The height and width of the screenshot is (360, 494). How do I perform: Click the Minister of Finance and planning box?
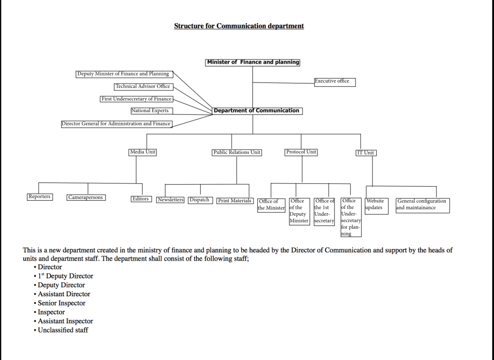pos(252,62)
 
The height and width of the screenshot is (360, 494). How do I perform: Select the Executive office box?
pos(335,82)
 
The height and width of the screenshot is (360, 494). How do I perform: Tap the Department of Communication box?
pos(258,111)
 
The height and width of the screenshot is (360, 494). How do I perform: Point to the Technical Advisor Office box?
pos(143,87)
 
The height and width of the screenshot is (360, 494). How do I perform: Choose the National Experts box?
pos(151,111)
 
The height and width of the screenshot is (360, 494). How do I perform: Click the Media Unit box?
pos(143,152)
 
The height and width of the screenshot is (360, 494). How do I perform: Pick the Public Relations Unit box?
pos(237,152)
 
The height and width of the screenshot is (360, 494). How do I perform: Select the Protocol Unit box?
pos(301,152)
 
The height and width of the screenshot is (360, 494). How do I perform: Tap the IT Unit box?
pos(366,153)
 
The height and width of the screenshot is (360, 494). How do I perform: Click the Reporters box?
pos(40,197)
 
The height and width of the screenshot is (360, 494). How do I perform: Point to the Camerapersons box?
pos(86,198)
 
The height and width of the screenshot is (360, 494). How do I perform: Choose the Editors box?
pos(141,199)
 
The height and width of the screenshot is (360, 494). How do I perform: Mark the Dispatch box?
pos(200,200)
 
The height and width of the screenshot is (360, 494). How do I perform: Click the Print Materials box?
pos(235,201)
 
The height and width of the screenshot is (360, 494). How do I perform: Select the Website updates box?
pos(377,206)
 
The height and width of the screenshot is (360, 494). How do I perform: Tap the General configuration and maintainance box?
pos(423,206)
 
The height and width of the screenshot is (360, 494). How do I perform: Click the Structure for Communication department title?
pos(239,26)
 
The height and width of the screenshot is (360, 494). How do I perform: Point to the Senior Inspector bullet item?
pos(61,303)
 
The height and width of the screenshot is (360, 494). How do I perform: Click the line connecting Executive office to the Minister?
pos(284,83)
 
